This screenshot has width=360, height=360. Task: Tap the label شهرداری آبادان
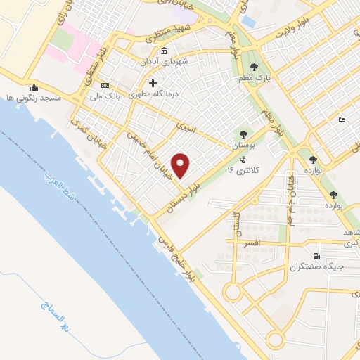pos(185,61)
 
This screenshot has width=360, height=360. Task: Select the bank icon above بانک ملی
pos(105,84)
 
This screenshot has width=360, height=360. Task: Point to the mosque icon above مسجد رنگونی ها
pos(34,87)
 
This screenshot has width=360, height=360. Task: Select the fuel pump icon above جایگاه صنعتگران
pos(316,256)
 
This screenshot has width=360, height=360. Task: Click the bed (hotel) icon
pos(342,120)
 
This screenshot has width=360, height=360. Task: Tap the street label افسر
pos(251,242)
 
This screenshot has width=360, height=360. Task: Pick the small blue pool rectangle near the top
pos(248,21)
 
